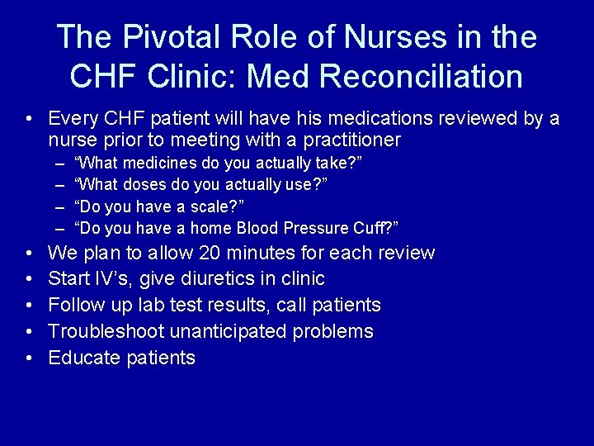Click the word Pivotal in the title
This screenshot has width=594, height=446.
pos(167,37)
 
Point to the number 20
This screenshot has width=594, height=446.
pos(212,253)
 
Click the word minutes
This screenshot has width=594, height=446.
pos(266,253)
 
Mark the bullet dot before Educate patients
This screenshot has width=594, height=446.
pos(30,358)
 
